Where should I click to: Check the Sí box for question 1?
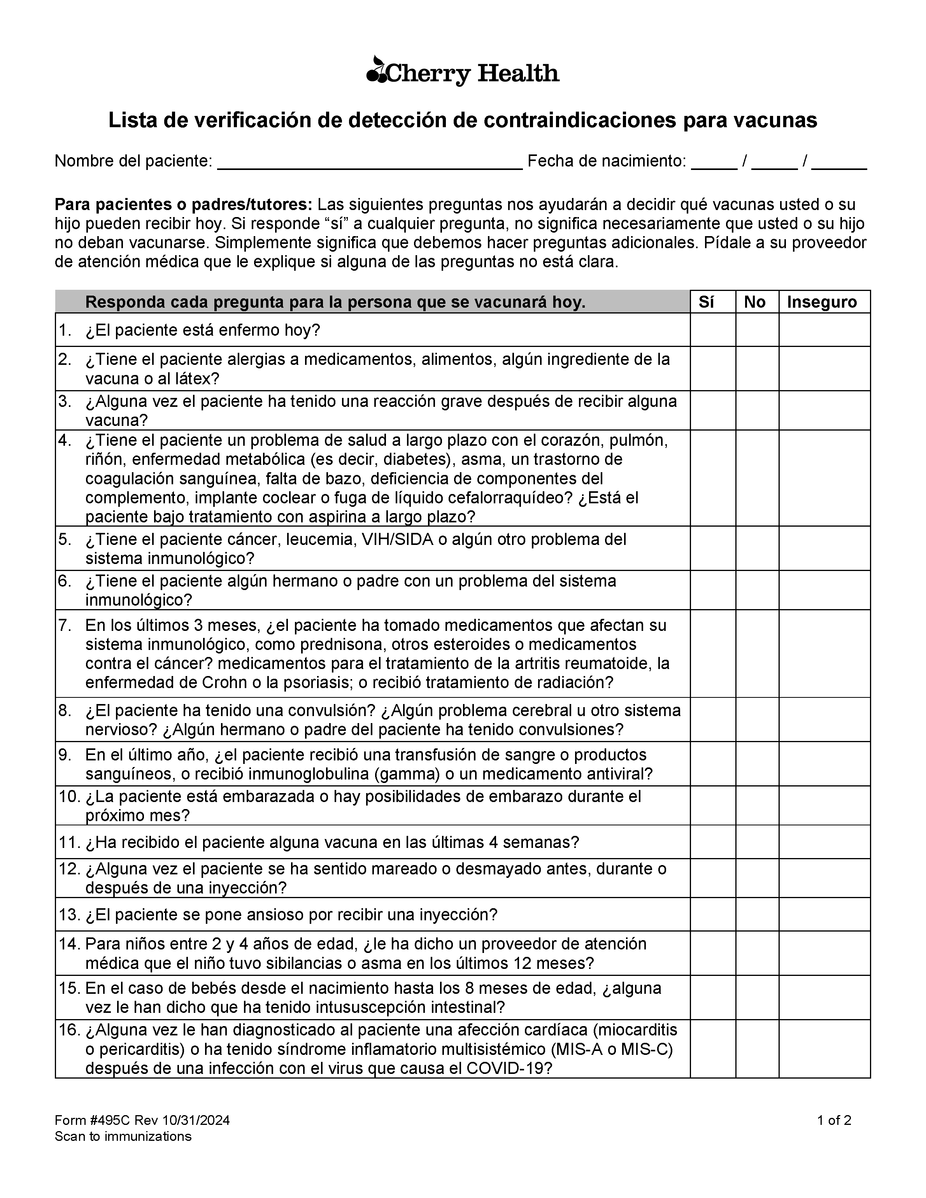point(713,330)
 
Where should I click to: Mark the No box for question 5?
point(757,548)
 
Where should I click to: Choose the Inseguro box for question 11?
point(824,842)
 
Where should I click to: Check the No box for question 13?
point(757,914)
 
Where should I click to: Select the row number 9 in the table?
point(65,755)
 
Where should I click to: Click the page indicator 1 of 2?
point(834,1120)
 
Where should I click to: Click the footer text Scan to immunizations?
point(123,1136)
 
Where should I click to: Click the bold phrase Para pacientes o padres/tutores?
point(183,205)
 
